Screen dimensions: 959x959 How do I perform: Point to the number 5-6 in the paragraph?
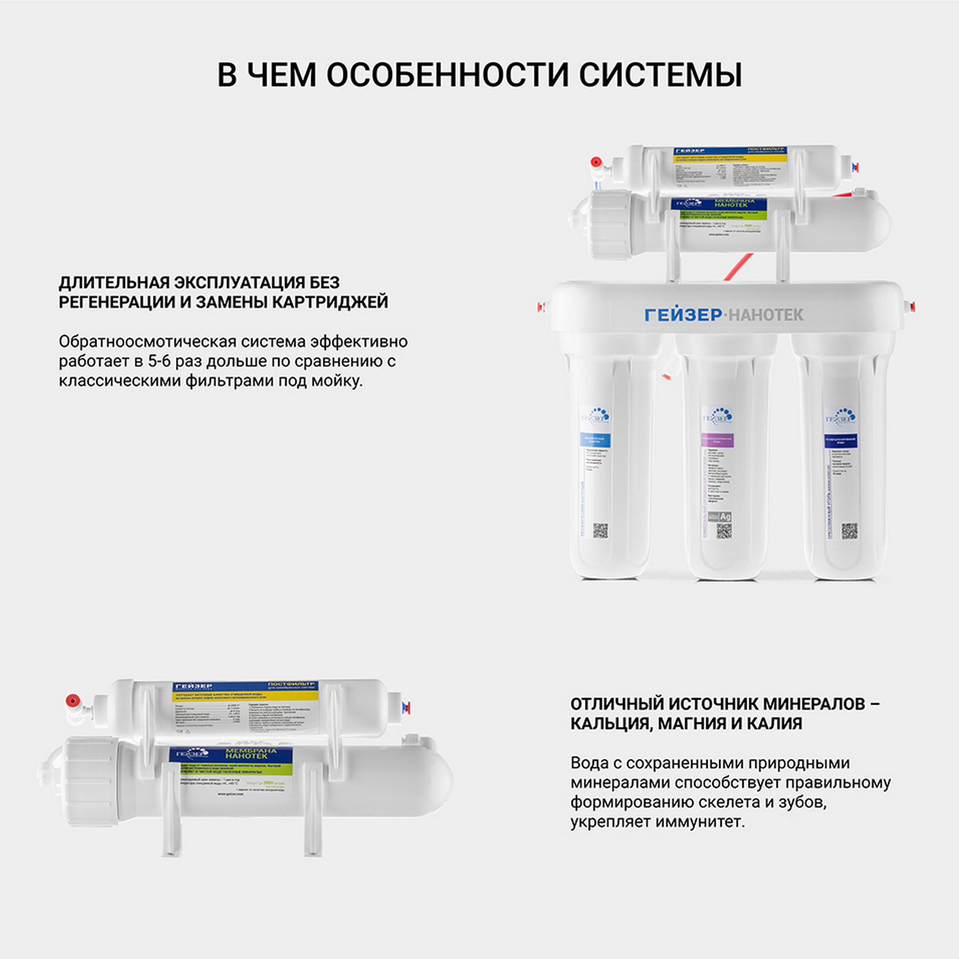pos(159,361)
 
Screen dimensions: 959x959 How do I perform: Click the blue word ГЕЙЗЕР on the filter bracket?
pos(683,315)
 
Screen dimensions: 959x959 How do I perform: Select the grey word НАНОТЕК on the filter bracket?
pos(766,315)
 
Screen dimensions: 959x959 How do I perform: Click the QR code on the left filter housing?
pos(600,530)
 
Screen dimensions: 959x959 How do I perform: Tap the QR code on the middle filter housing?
pos(724,531)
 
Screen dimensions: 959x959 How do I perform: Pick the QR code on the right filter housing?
pos(849,531)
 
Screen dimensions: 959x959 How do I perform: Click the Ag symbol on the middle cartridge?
pos(725,517)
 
